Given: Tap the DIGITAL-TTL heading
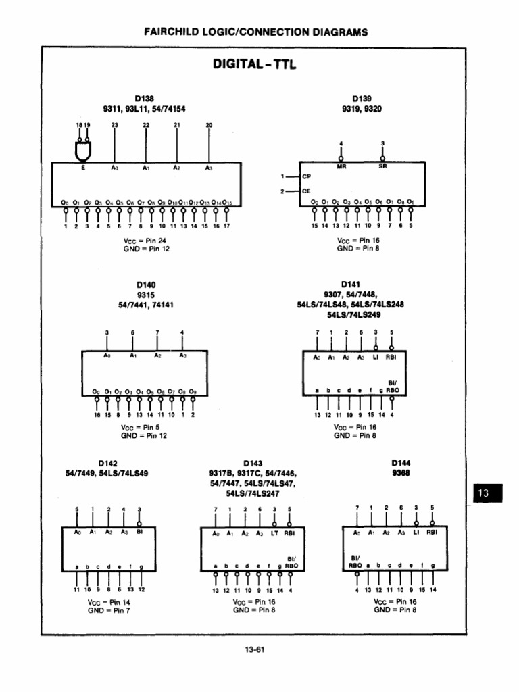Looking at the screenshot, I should point(254,65).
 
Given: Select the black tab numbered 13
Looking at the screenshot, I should point(484,494).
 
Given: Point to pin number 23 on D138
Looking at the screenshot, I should point(114,125).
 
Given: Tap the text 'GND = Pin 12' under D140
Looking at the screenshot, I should point(144,436).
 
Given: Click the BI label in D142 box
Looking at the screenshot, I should point(140,532).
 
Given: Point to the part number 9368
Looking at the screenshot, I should point(401,473).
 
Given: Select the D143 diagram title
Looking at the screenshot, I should point(253,463).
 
